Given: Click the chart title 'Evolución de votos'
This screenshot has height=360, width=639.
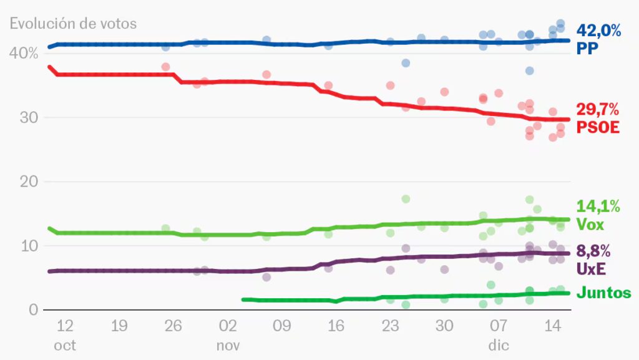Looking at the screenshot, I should [73, 24].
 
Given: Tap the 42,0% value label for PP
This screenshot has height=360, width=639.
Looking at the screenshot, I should [598, 31].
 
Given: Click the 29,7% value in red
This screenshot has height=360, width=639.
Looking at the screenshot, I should [598, 110].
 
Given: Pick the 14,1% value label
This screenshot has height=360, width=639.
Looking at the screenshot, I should [598, 207].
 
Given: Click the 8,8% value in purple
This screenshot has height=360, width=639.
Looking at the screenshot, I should [593, 251].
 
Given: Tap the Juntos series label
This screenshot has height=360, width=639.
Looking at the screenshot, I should [603, 293].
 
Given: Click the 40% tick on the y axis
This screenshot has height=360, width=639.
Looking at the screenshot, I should [24, 54].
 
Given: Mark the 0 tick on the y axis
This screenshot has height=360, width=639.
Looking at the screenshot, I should [32, 310].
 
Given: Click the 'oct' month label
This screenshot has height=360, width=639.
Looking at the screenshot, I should [65, 345].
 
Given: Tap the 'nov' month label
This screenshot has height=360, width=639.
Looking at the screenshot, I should [228, 345].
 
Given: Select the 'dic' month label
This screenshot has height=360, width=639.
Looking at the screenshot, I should [499, 345].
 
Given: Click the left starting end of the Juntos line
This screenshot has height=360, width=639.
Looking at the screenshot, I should [243, 299].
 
